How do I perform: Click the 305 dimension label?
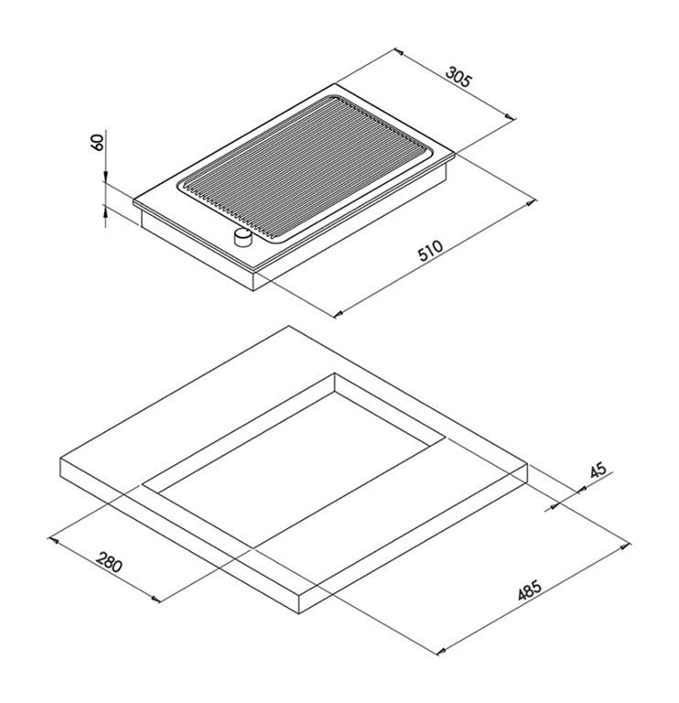tap(458, 76)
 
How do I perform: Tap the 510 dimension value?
tap(430, 250)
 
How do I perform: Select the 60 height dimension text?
tap(97, 142)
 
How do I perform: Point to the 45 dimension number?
tap(598, 470)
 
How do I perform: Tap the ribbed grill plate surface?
tap(307, 169)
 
